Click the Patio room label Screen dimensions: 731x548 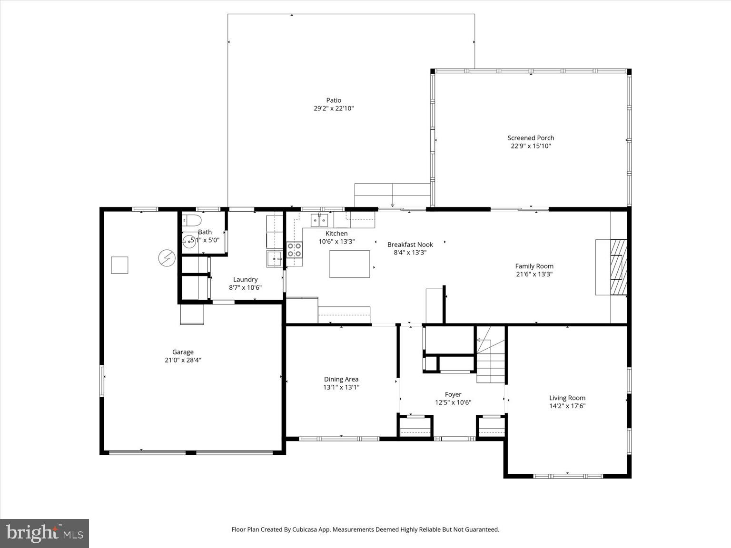click(333, 100)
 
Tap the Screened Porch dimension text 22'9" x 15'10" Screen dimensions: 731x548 click(531, 146)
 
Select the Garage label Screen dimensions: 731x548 click(183, 352)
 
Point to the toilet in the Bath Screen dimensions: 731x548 click(192, 220)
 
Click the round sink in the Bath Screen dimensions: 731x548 click(189, 242)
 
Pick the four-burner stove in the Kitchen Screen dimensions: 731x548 click(295, 250)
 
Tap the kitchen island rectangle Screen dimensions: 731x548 click(350, 264)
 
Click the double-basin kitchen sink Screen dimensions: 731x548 click(319, 220)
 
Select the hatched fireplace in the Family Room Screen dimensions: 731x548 click(618, 267)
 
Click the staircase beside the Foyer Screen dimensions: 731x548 click(491, 355)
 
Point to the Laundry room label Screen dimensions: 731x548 click(245, 280)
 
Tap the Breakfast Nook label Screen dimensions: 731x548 click(410, 245)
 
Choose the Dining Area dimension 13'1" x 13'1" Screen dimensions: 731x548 click(341, 387)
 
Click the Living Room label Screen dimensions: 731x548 click(567, 398)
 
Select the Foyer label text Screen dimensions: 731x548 click(453, 394)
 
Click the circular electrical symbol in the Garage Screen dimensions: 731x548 click(167, 258)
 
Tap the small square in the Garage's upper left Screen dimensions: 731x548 click(119, 265)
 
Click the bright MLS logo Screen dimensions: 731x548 click(45, 533)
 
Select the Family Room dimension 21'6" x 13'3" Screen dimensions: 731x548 click(534, 274)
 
